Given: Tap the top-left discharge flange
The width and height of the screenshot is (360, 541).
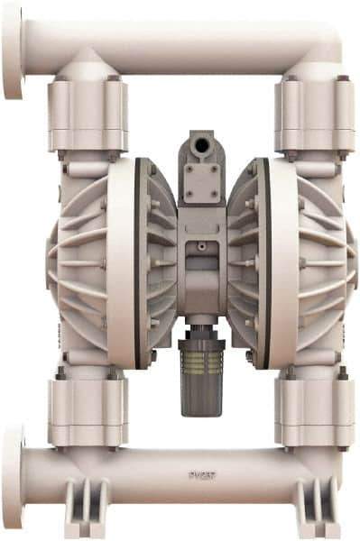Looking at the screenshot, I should coord(13,50).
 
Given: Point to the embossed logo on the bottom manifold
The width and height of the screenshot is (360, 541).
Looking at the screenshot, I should coord(199,471).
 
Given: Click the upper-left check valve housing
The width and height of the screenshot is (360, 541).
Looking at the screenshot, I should coord(88,113).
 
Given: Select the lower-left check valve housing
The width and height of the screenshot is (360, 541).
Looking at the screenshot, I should coord(88,410).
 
